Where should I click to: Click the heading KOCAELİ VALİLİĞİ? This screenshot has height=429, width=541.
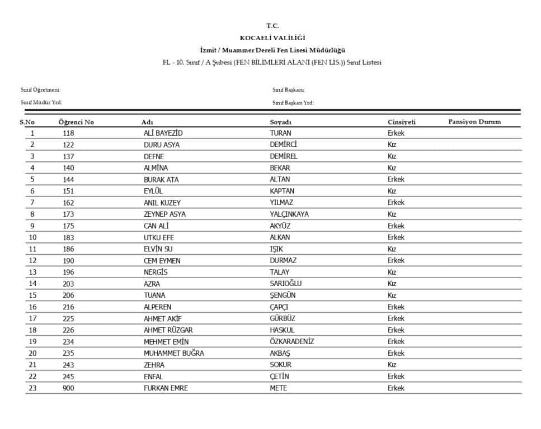click(x=272, y=38)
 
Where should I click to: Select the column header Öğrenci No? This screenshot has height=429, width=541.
click(x=76, y=122)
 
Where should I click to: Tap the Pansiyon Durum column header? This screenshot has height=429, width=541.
click(x=474, y=122)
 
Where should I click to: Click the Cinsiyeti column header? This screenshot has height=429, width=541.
click(x=402, y=122)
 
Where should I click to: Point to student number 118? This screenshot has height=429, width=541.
click(x=68, y=134)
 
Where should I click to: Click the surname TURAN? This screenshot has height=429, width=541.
click(x=280, y=134)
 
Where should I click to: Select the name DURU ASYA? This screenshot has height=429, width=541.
click(x=162, y=145)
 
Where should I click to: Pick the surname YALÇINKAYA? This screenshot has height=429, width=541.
click(x=289, y=214)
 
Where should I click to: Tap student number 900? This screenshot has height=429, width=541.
click(x=68, y=388)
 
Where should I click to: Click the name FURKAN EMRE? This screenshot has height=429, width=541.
click(x=166, y=388)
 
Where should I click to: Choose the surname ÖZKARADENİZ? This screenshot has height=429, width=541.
click(x=292, y=342)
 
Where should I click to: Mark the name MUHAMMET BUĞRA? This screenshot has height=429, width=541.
click(x=174, y=353)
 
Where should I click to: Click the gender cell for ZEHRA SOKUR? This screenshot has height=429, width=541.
click(x=392, y=365)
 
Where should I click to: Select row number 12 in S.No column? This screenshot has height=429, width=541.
click(x=32, y=261)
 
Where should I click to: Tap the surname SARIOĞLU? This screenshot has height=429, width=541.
click(x=286, y=284)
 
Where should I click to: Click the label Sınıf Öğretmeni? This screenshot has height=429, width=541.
click(x=40, y=90)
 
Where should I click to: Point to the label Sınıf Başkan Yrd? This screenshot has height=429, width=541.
click(x=293, y=103)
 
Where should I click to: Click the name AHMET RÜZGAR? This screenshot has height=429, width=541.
click(x=168, y=330)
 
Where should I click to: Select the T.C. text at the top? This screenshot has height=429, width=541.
click(x=272, y=26)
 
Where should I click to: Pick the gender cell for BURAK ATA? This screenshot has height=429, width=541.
click(x=396, y=180)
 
